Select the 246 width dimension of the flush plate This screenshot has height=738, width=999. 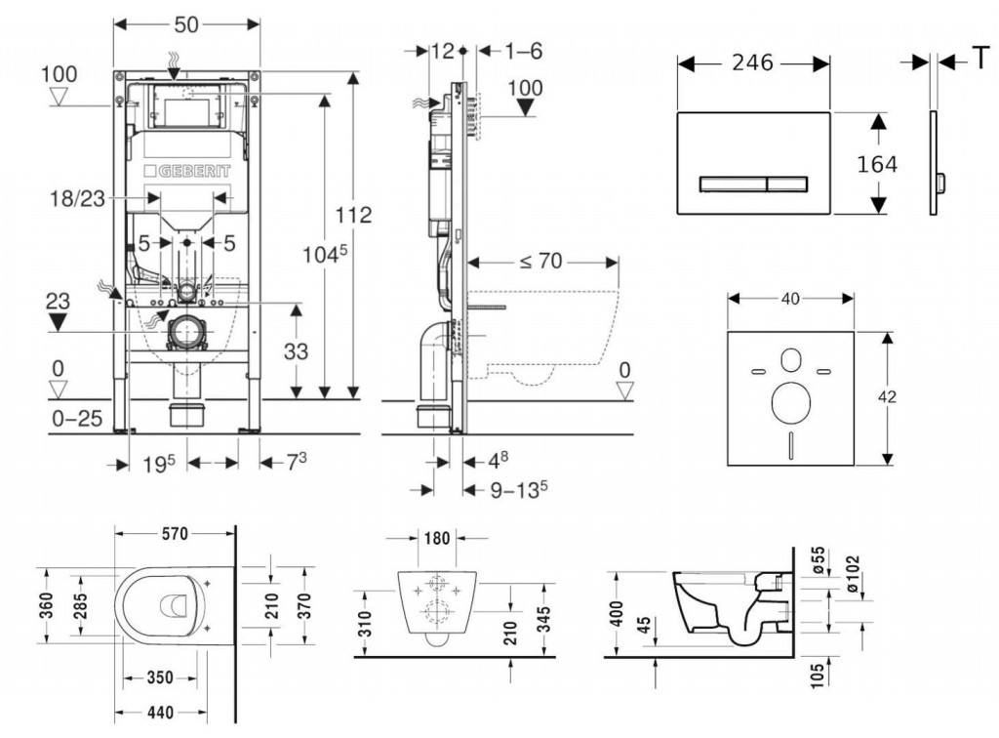752,63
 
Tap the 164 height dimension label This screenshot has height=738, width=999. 877,165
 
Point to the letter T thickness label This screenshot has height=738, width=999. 977,61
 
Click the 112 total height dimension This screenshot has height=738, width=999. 353,215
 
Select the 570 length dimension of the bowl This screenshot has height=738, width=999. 175,533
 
